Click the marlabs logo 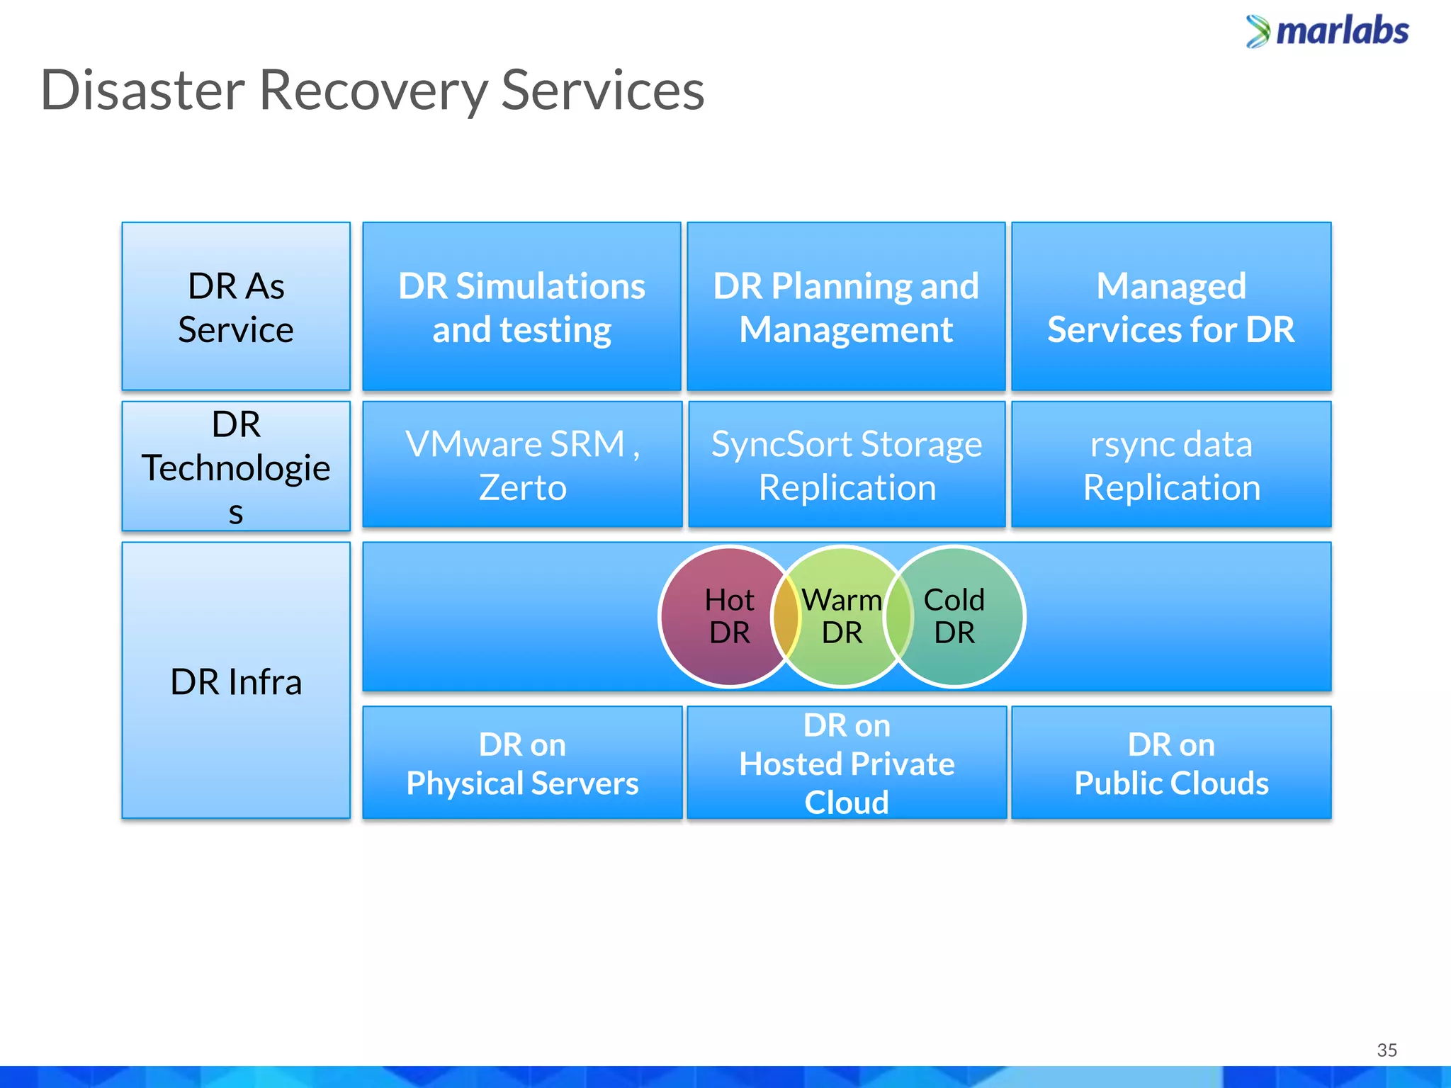(x=1328, y=32)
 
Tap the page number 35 (x=1387, y=1050)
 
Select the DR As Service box (x=236, y=307)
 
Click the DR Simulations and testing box (x=521, y=307)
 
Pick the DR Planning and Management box (x=846, y=307)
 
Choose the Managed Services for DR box (x=1171, y=307)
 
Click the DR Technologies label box (x=236, y=466)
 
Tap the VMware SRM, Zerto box (x=522, y=465)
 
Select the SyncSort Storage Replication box (x=847, y=465)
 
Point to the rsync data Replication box (x=1171, y=465)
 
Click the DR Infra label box (x=236, y=681)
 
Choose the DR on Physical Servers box (x=522, y=763)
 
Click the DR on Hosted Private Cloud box (x=847, y=763)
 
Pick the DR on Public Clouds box (x=1171, y=763)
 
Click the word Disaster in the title (x=142, y=91)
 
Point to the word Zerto (x=523, y=488)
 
